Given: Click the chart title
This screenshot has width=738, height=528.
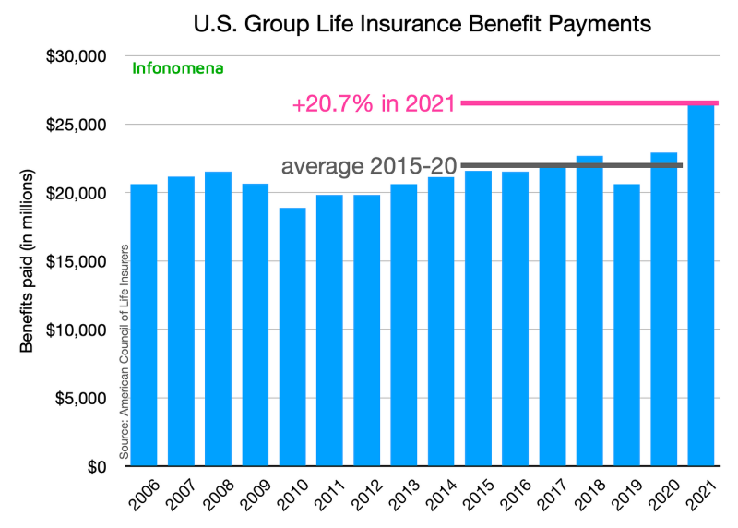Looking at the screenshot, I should (x=423, y=24).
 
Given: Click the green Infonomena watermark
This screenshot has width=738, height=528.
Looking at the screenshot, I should (x=178, y=67).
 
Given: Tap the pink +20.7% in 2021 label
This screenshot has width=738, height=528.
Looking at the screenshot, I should (x=374, y=104).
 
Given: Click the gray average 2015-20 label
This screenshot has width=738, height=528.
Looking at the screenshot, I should (x=369, y=166).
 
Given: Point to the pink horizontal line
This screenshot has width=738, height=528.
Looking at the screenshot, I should (x=589, y=102).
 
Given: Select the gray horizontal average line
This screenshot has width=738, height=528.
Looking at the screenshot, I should (x=572, y=166).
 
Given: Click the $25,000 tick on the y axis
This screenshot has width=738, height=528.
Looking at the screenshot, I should (x=77, y=125).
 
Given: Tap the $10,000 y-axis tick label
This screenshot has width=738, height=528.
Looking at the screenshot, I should (x=77, y=330).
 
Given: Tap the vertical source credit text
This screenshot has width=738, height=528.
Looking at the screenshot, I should (x=123, y=352).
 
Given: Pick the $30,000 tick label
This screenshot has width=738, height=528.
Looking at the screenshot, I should (x=77, y=56).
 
